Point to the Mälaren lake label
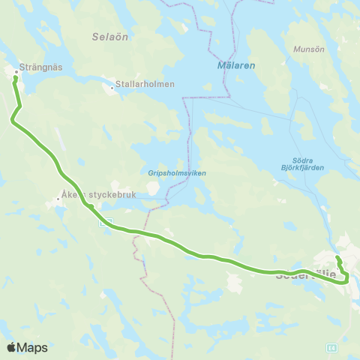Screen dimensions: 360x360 (236, 65)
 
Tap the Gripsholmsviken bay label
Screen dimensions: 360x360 (176, 172)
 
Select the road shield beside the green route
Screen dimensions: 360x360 (105, 223)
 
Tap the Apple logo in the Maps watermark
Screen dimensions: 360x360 (11, 347)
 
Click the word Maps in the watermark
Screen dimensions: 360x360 (33, 347)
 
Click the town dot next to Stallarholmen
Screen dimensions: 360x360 (112, 88)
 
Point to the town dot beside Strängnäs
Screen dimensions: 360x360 (16, 72)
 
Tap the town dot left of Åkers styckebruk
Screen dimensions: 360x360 (58, 199)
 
